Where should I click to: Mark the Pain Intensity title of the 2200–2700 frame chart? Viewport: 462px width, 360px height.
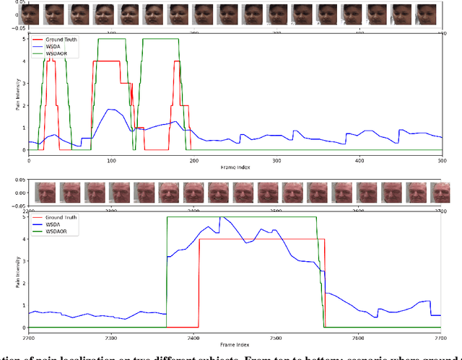[x=10, y=270]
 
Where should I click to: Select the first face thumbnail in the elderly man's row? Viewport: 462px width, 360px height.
[x=45, y=193]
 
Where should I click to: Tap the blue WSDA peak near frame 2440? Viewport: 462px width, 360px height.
[x=222, y=217]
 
